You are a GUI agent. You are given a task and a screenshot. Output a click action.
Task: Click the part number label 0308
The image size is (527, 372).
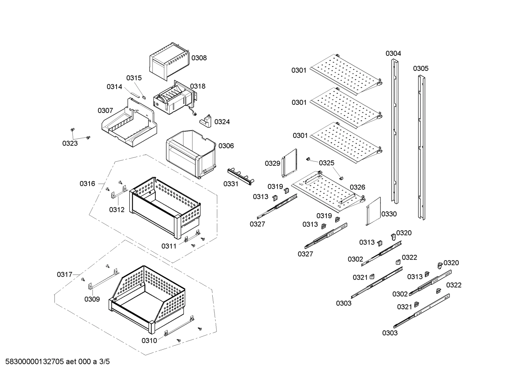(x=199, y=58)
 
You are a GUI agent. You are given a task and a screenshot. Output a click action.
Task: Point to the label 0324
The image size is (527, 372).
(x=222, y=122)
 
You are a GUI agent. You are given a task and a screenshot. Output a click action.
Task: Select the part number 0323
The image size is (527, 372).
(x=70, y=143)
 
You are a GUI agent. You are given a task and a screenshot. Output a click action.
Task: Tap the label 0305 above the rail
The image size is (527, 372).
(x=421, y=69)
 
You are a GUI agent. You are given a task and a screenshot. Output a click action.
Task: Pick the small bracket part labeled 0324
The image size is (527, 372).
(x=206, y=121)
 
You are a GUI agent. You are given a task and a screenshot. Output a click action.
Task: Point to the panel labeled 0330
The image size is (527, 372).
(x=373, y=211)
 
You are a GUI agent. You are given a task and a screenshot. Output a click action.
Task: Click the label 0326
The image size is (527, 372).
(x=357, y=187)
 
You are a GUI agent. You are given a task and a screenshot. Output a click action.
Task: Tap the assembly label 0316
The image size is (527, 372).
(x=87, y=184)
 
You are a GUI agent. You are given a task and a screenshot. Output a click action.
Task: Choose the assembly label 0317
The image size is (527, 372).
(x=64, y=275)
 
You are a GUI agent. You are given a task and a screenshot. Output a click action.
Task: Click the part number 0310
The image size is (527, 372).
(x=149, y=341)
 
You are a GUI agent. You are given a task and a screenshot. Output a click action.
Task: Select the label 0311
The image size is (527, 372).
(x=169, y=246)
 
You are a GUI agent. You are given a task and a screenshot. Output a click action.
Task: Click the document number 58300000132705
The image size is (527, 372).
(x=33, y=362)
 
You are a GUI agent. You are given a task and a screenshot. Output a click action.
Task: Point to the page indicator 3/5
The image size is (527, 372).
(x=105, y=362)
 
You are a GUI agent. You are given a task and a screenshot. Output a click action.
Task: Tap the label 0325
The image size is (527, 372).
(x=326, y=163)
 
